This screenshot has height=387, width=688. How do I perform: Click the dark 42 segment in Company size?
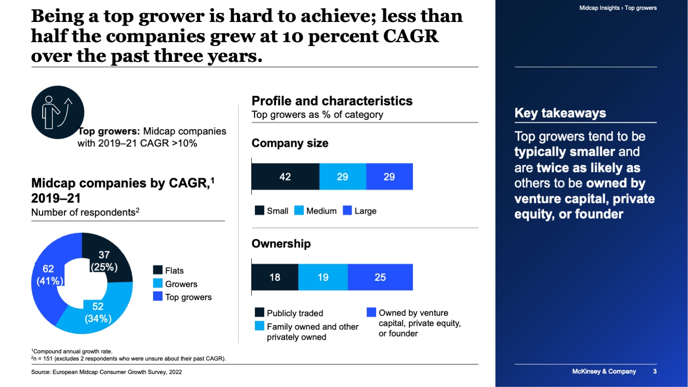(285, 176)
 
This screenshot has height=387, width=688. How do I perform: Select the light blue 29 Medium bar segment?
(343, 176)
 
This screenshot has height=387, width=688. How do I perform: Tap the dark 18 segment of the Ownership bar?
(275, 277)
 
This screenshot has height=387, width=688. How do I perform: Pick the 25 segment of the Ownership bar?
(380, 277)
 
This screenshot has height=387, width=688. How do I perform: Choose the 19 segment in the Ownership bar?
(323, 277)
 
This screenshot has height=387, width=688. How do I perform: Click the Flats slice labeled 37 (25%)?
(110, 260)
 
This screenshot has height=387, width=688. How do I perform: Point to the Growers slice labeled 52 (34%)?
(96, 314)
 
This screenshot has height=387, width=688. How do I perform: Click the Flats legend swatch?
(158, 270)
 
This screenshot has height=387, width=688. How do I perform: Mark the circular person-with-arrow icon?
(58, 112)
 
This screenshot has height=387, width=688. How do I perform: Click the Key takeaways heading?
(560, 113)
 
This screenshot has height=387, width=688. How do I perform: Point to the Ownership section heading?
(281, 244)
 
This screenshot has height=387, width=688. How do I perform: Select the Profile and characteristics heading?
(332, 101)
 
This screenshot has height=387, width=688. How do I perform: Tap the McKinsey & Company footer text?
(604, 371)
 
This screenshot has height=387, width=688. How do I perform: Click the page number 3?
(655, 371)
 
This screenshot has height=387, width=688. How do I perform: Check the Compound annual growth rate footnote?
(72, 352)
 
